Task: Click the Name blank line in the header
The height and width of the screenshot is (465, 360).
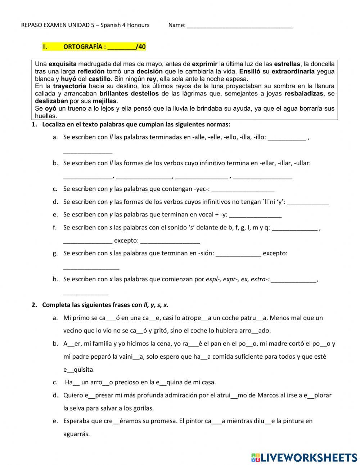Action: click(x=240, y=26)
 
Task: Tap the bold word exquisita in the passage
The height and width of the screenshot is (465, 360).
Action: click(x=63, y=64)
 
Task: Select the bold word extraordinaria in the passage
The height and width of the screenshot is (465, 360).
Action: click(x=293, y=71)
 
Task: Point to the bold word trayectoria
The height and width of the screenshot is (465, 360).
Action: click(x=69, y=86)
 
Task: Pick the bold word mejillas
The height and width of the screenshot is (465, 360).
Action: click(x=105, y=101)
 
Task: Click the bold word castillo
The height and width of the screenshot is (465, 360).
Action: click(x=100, y=79)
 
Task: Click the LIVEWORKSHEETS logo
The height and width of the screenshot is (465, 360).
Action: click(x=304, y=457)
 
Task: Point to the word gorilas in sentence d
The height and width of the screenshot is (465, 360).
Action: click(x=144, y=408)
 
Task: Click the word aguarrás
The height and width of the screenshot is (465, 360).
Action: click(x=76, y=434)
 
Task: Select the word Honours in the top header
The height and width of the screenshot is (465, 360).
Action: click(x=138, y=25)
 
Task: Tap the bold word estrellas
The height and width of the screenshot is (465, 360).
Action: click(x=287, y=64)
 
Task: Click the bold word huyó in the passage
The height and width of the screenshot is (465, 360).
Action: click(x=68, y=79)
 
